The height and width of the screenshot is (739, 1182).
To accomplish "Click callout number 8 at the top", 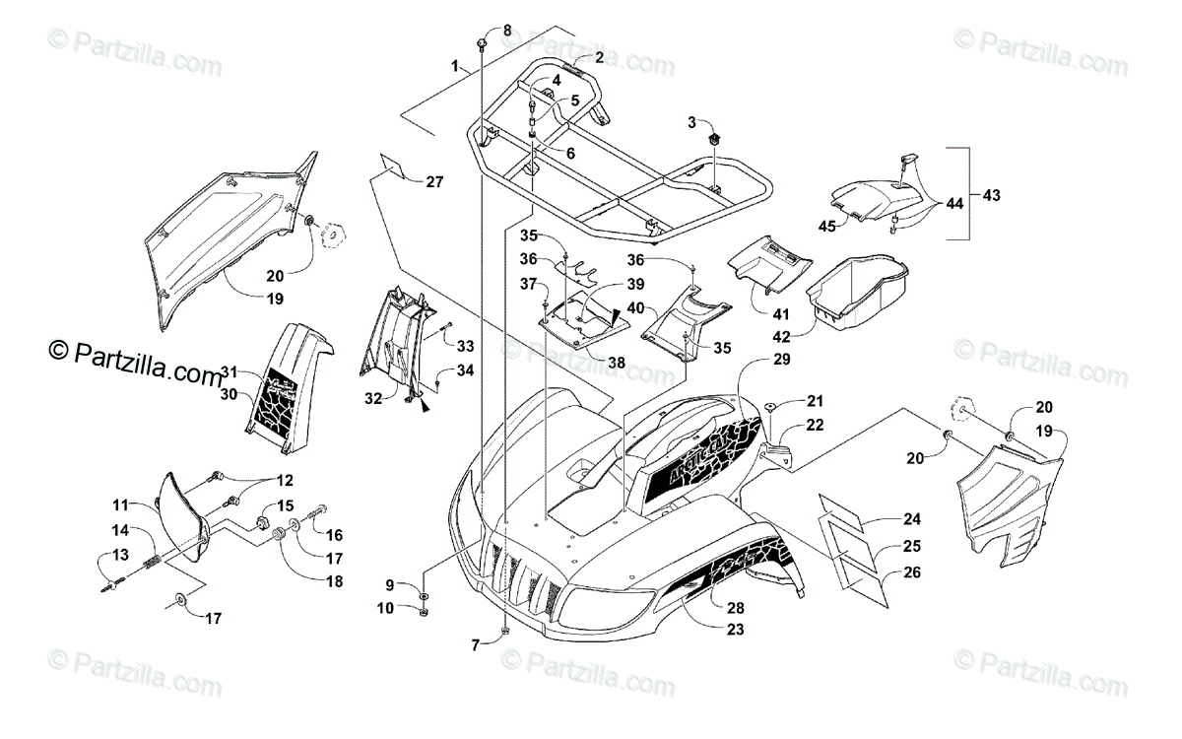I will (x=507, y=31).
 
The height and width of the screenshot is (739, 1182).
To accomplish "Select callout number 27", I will (x=435, y=181).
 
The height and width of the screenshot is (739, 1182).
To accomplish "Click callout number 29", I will (x=781, y=361).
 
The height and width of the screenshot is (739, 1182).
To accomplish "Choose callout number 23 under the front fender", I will (x=735, y=630).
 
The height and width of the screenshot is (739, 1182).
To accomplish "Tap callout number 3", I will (x=691, y=122).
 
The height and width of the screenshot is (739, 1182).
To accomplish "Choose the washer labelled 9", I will (x=423, y=597).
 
